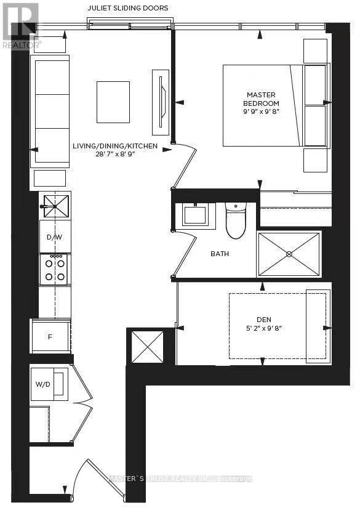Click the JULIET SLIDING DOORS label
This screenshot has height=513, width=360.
128,7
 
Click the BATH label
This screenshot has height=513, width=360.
220,254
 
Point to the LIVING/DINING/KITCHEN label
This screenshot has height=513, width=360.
115,146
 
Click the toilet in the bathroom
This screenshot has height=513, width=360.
236,220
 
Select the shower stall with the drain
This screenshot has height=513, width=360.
289,254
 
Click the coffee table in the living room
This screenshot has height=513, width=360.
113,102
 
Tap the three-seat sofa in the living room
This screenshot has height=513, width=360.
52,110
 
